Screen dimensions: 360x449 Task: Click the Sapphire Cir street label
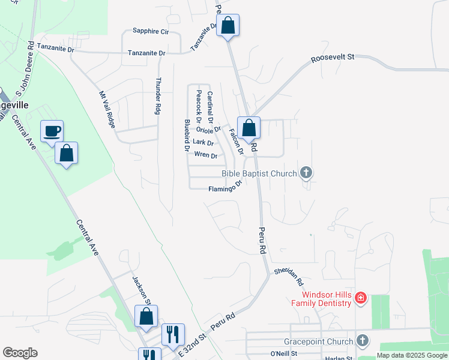click(x=151, y=31)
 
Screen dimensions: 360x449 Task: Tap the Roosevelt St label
click(x=333, y=58)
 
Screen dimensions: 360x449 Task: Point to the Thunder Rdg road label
click(x=158, y=96)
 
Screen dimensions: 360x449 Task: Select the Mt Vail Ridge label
click(x=107, y=108)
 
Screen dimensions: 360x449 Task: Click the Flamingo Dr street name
click(x=224, y=188)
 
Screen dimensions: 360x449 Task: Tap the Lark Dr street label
click(x=203, y=142)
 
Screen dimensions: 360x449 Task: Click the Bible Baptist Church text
click(x=259, y=174)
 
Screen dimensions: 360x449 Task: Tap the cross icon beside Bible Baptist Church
click(x=306, y=173)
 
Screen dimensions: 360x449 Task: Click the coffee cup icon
click(x=52, y=130)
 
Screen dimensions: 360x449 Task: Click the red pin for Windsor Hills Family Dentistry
click(x=360, y=298)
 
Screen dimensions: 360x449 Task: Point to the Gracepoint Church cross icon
click(x=362, y=341)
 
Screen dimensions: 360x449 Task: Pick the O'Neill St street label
click(x=284, y=353)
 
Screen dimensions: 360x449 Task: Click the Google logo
click(x=20, y=353)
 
